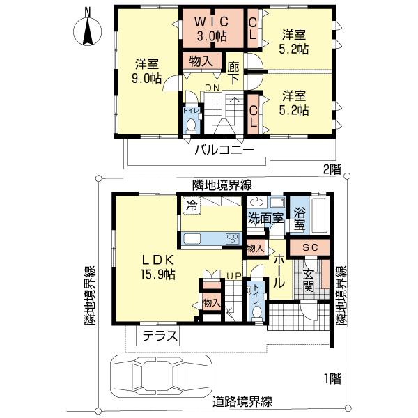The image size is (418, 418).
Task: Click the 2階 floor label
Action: pos(332,168)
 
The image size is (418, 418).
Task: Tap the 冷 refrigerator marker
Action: pos(190,206)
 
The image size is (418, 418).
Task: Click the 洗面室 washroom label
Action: pos(265,217)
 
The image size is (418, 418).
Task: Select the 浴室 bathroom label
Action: pos(300,218)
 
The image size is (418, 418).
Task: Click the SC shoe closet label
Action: pos(310,248)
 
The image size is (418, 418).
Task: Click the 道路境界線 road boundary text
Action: pos(242,402)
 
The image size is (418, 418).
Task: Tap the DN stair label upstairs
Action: pos(212,87)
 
